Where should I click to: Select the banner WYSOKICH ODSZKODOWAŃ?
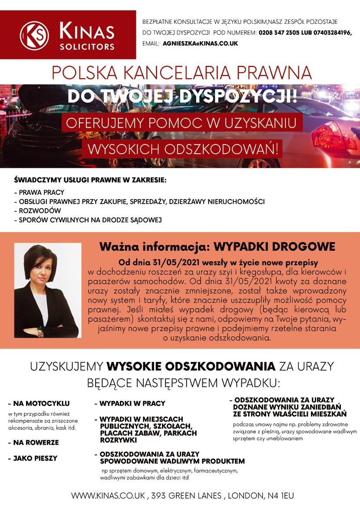(182, 150)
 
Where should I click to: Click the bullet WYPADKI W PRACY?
(130, 404)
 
